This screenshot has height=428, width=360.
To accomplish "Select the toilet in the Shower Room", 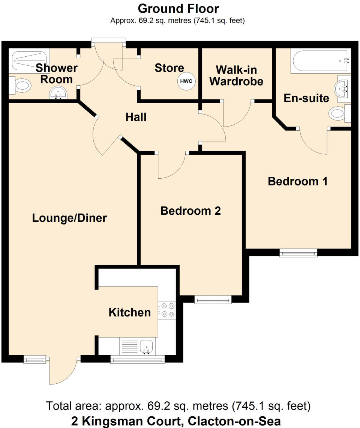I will pos(20,86).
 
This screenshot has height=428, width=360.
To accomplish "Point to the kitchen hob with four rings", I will pos(168,310).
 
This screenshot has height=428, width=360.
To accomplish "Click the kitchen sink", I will pos(147,346).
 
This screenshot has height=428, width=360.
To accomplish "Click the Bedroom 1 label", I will pos(298,181).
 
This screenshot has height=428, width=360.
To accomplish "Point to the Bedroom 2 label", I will pos(190,211).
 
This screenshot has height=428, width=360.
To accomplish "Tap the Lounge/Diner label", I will pos(69,218).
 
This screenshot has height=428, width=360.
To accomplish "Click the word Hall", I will pos(136,117).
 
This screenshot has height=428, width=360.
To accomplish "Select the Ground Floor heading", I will pos(178,8).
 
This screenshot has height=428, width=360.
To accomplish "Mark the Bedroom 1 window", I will pos(298,253).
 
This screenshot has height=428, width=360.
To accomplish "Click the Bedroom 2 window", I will pos(213,300).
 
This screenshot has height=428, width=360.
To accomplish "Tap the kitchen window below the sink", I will pos(138,360).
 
